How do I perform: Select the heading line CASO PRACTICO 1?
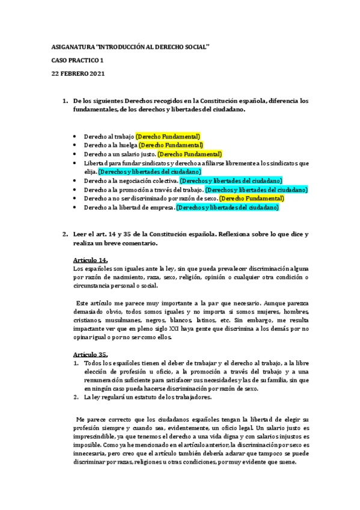[78, 60]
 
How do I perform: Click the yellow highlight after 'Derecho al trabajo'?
[168, 137]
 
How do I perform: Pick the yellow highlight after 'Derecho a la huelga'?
[171, 145]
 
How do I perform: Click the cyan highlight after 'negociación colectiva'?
[230, 180]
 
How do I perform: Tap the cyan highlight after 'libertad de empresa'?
[228, 207]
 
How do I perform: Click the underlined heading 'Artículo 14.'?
[90, 259]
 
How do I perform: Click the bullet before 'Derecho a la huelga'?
[74, 146]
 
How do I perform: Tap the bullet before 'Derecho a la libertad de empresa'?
[74, 207]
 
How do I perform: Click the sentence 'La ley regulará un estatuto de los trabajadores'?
[147, 398]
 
